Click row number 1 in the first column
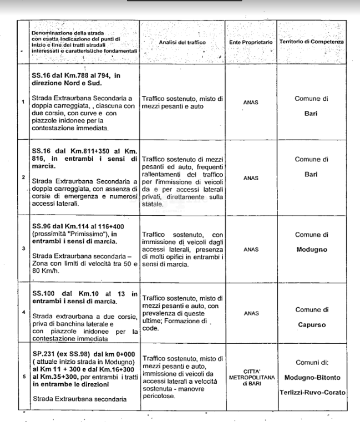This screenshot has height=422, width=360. (x=23, y=102)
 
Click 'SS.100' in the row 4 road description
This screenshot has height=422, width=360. (x=43, y=293)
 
